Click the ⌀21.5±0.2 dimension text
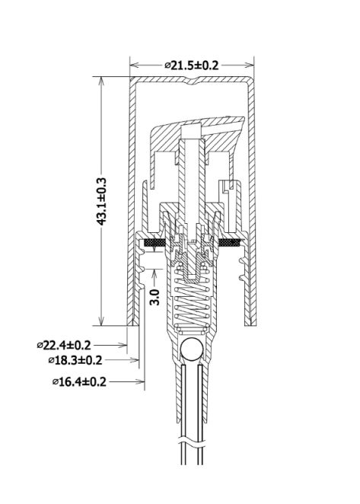[x=191, y=65]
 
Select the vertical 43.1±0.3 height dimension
[x=101, y=200]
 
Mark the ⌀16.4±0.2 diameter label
[x=79, y=381]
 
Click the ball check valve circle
[x=190, y=350]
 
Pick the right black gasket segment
[x=228, y=243]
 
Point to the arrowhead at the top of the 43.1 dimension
[x=101, y=81]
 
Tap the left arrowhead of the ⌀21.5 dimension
[x=133, y=65]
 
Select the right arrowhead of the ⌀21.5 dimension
[x=253, y=65]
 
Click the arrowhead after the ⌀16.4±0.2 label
[x=140, y=381]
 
